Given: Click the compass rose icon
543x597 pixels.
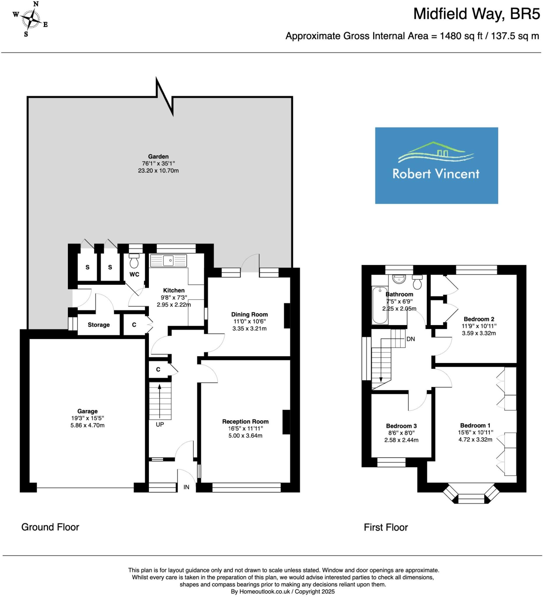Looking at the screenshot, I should [x=31, y=19].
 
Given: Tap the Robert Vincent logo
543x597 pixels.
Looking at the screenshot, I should [x=436, y=165].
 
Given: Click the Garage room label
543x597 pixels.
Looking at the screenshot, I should [x=87, y=411].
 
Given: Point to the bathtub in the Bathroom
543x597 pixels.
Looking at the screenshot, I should [x=380, y=305].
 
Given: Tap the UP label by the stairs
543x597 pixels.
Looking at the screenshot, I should [x=160, y=424].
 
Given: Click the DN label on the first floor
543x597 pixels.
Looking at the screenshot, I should [x=410, y=339].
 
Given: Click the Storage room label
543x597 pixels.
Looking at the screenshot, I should [x=98, y=325].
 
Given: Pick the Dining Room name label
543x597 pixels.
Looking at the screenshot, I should [x=249, y=315].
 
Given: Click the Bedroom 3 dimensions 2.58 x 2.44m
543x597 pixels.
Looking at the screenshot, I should [x=401, y=440].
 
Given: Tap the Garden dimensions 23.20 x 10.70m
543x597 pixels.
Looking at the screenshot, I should [x=158, y=171].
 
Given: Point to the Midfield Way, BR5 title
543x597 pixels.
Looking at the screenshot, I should [x=476, y=14].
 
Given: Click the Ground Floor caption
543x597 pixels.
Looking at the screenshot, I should [x=50, y=527].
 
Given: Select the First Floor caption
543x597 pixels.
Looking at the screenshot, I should [x=386, y=527].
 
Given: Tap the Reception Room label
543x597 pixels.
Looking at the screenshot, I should [x=245, y=422].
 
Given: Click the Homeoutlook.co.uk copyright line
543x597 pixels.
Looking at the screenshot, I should [x=283, y=592].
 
